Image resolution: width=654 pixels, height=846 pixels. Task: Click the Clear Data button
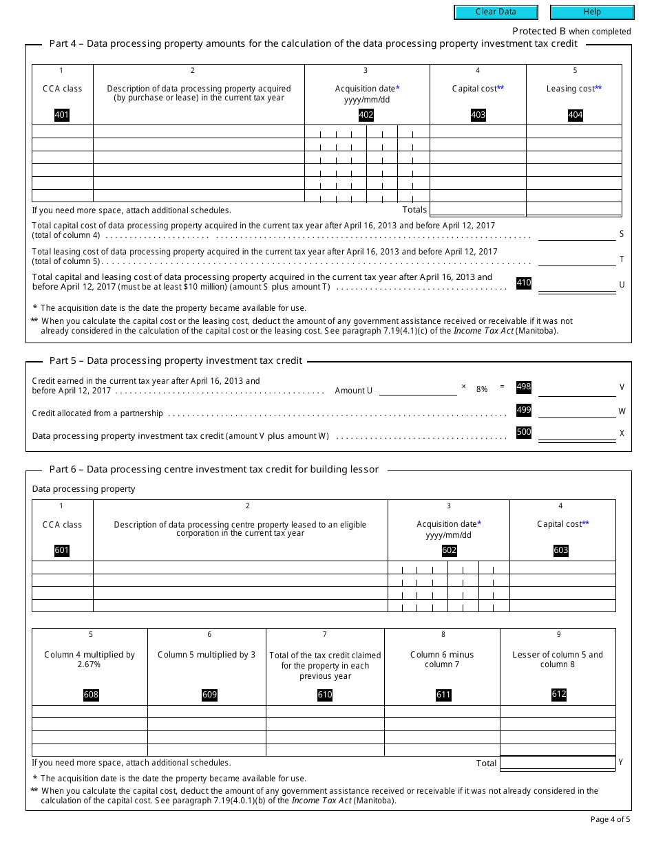[x=495, y=12]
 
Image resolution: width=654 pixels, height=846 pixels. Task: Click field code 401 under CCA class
[x=61, y=115]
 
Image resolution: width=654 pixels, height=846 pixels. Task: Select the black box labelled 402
[x=366, y=115]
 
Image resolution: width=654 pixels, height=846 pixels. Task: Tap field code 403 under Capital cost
[x=478, y=115]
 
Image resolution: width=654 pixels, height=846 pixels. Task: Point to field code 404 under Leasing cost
[x=575, y=115]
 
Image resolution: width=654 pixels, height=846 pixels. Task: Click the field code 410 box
[x=524, y=283]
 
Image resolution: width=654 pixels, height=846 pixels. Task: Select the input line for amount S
[x=576, y=234]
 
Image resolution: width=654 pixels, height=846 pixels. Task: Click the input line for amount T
[x=576, y=259]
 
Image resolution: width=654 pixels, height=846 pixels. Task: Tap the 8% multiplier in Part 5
[x=482, y=389]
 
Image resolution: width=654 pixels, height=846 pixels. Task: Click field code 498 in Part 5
[x=524, y=387]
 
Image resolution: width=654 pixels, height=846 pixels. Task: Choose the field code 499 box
[x=524, y=410]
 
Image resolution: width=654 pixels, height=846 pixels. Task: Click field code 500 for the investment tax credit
[x=524, y=432]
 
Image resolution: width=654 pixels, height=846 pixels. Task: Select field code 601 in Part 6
[x=61, y=550]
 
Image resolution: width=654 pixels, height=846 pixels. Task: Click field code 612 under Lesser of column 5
[x=559, y=694]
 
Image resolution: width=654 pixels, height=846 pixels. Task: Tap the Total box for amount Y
[x=557, y=763]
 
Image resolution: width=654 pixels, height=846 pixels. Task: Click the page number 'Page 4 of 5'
[x=610, y=819]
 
